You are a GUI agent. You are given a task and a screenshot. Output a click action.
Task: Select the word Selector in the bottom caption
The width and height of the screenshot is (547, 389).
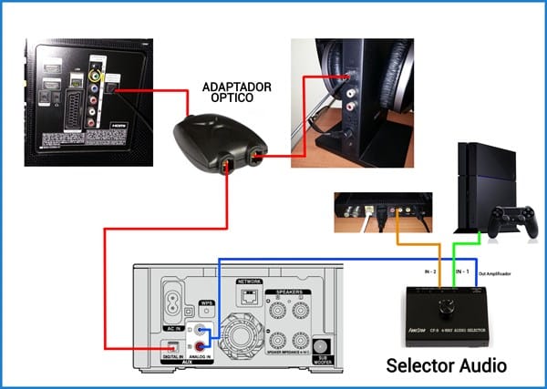click(417, 366)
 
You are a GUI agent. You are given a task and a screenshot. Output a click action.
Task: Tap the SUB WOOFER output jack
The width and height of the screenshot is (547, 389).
click(319, 347)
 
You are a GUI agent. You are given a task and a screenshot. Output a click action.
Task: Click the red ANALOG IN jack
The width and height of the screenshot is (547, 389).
click(201, 347)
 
